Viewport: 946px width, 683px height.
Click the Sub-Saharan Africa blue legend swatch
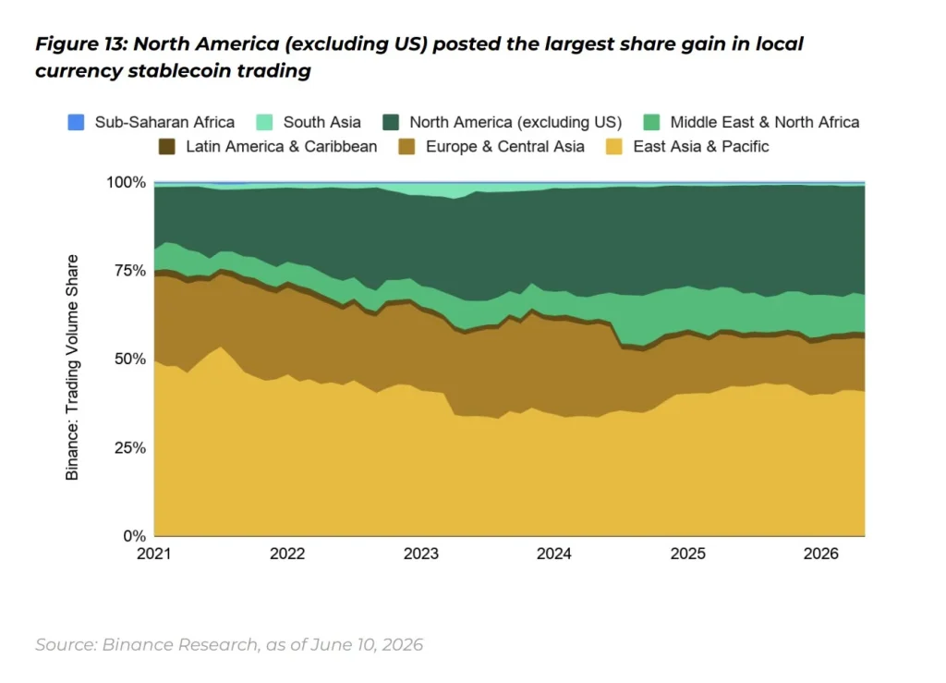76,123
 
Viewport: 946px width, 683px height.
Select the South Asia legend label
322,123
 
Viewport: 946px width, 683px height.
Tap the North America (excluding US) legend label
515,123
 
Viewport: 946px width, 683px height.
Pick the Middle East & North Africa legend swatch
651,123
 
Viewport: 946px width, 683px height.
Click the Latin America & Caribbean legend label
281,147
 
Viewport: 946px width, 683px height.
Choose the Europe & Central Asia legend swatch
407,147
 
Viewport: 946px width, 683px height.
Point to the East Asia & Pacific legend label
701,147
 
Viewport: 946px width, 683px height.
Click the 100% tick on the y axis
126,182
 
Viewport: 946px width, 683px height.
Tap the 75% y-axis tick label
130,270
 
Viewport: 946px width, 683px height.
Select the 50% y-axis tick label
130,359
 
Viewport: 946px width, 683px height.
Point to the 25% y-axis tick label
130,447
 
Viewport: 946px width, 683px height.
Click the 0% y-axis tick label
135,536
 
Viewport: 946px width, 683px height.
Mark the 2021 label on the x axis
154,554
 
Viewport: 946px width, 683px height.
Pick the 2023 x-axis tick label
421,554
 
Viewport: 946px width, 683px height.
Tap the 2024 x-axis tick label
554,554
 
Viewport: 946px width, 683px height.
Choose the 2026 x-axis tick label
820,554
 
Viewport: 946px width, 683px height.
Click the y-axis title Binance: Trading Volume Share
72,368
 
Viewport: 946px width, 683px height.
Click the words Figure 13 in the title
81,44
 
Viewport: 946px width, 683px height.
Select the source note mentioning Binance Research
229,645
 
